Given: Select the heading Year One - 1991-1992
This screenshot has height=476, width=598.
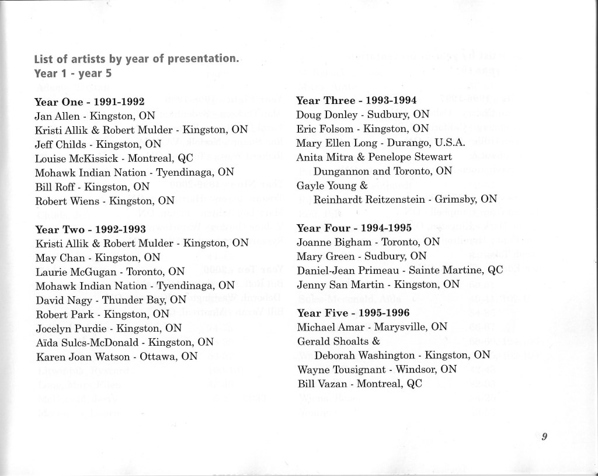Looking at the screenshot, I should click(x=89, y=102).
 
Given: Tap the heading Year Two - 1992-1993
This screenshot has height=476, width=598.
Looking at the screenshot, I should click(x=90, y=229).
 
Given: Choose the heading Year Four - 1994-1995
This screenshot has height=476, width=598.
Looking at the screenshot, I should click(x=354, y=228).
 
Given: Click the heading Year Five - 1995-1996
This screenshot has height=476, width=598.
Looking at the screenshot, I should click(x=354, y=312).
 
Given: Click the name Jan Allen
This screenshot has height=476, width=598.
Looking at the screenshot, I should click(x=56, y=116).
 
